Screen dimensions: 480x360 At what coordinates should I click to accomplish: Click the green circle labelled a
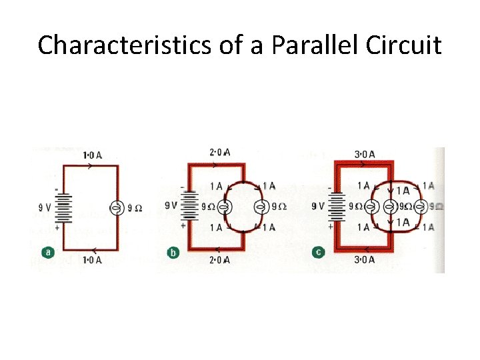click(x=47, y=253)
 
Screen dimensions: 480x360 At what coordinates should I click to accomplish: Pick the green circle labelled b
click(x=173, y=253)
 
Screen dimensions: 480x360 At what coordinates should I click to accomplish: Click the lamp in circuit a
click(x=116, y=208)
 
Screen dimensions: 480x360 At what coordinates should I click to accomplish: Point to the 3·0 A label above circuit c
click(x=364, y=155)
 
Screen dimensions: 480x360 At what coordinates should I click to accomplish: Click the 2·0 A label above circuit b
click(x=219, y=153)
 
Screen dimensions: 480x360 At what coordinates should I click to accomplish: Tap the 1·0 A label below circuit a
click(x=92, y=260)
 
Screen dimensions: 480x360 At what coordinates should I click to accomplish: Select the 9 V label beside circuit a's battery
click(x=45, y=207)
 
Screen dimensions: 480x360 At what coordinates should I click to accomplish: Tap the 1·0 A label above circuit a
click(x=92, y=156)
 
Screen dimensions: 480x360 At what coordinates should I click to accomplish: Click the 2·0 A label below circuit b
click(x=219, y=259)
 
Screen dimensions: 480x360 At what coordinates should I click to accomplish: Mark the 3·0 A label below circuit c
click(x=364, y=259)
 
